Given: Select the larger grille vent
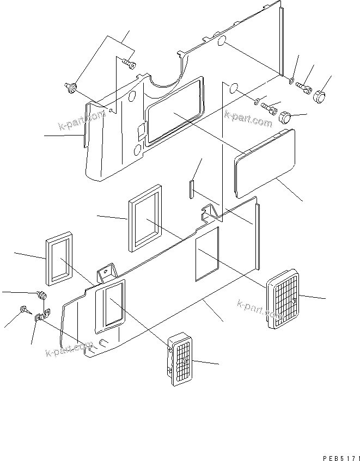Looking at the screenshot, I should point(283,298).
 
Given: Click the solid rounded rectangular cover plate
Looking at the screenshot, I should point(265,163).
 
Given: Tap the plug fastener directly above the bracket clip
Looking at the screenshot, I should point(41,296).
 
